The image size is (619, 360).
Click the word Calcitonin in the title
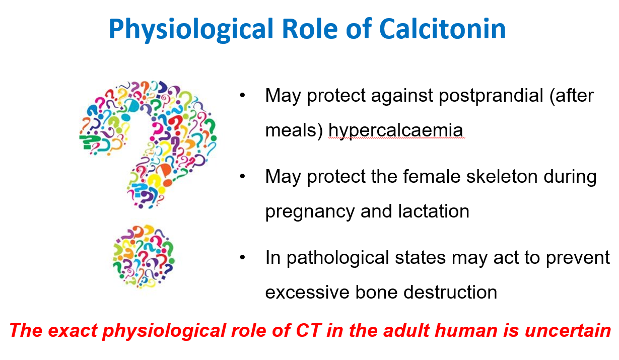click(x=442, y=29)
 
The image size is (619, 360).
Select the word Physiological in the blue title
click(x=191, y=30)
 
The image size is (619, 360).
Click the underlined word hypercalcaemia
click(x=395, y=131)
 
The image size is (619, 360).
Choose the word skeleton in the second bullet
click(x=502, y=176)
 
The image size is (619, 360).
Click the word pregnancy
click(x=310, y=212)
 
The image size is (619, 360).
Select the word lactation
click(x=434, y=211)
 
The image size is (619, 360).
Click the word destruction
click(x=450, y=293)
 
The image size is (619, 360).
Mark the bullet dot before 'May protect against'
click(x=242, y=95)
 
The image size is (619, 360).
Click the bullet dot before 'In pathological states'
click(x=242, y=257)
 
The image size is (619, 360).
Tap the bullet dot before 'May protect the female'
click(x=242, y=176)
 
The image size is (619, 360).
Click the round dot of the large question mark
click(x=144, y=257)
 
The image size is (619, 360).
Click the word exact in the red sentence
click(x=73, y=331)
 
